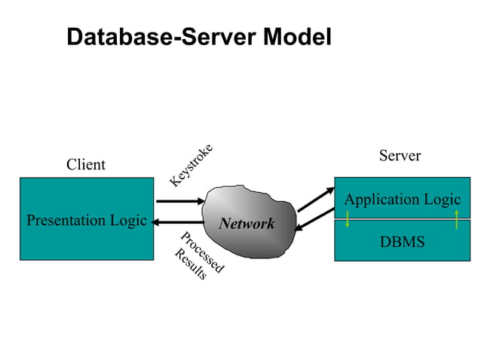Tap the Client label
(x=86, y=164)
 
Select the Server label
(x=400, y=156)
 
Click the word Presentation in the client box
(x=66, y=221)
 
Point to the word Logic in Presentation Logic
(x=127, y=221)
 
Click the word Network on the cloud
(x=247, y=224)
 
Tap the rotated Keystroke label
(x=191, y=165)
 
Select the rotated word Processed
(x=202, y=252)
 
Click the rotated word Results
(x=190, y=264)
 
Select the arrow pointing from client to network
(x=180, y=201)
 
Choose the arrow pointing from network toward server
(x=315, y=200)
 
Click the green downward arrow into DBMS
(x=348, y=219)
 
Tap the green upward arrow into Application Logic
(x=457, y=219)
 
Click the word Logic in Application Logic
(x=442, y=200)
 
